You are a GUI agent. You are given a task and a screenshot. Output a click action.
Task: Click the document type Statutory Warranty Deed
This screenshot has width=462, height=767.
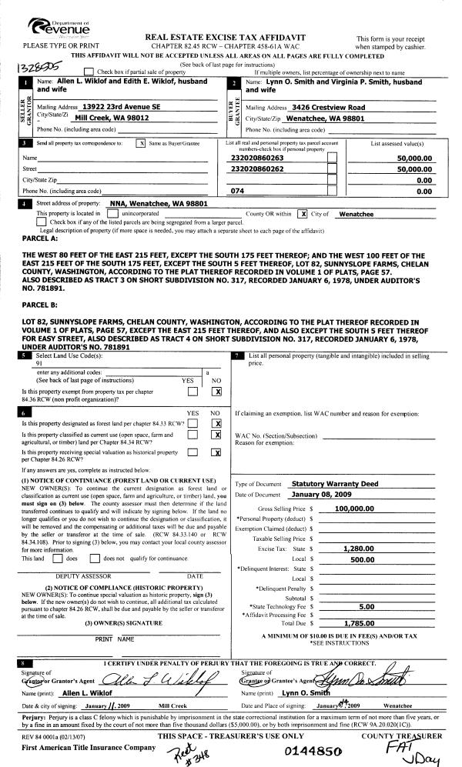tap(335, 484)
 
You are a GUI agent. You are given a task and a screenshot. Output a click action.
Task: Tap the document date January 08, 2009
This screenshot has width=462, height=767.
tap(322, 494)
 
